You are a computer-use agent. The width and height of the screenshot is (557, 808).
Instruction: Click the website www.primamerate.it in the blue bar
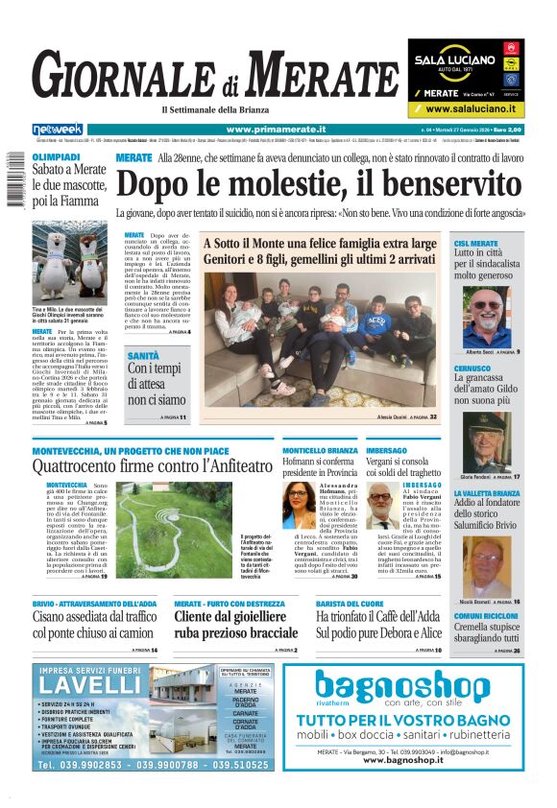point(276,130)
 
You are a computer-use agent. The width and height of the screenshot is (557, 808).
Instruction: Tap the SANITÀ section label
point(144,356)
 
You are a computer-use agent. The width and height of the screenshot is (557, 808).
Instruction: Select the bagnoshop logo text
point(416,687)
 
